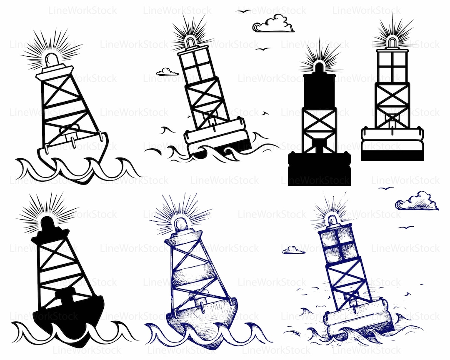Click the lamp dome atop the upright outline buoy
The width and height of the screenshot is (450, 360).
coord(392,42)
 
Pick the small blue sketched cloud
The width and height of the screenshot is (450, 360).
coord(293,250)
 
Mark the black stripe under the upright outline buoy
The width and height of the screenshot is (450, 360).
coord(392,155)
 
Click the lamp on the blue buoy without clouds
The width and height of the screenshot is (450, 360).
coord(181,225)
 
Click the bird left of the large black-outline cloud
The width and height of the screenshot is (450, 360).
coord(243,11)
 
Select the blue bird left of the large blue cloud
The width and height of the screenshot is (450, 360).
coord(386,188)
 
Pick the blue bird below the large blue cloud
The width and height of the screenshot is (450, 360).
coord(405,227)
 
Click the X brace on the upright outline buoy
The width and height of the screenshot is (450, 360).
coord(392,98)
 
